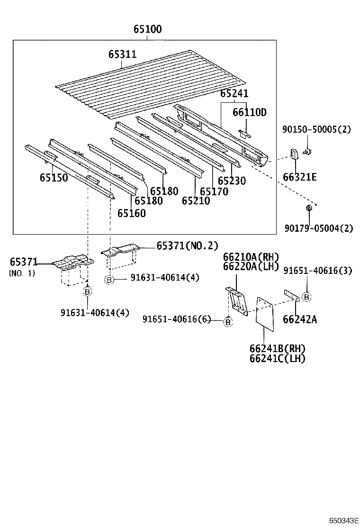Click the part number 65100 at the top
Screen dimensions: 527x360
147,29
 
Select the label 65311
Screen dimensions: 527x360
122,55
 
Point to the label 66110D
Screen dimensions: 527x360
249,112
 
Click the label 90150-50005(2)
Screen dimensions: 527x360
316,128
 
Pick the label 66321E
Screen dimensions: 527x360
299,178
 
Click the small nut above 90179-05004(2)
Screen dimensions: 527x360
309,208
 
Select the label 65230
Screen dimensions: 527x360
232,181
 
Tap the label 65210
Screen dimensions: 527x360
196,200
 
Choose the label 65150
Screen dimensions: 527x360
54,178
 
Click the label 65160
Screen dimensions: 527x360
132,213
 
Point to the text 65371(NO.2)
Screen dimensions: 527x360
187,245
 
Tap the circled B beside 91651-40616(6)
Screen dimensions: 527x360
228,322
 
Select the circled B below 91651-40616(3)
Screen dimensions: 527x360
307,297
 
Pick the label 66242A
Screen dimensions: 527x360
299,319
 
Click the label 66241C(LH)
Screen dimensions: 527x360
277,358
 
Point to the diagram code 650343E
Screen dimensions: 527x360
344,520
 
